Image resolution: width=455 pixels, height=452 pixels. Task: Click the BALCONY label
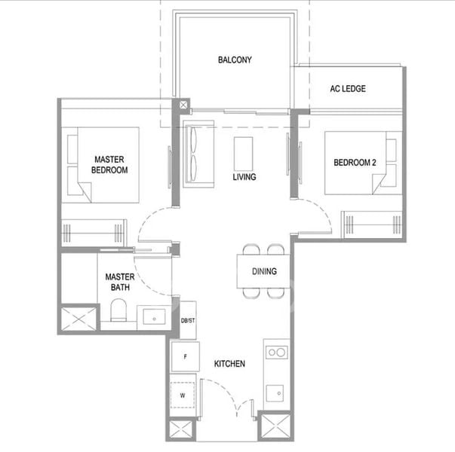pos(235,60)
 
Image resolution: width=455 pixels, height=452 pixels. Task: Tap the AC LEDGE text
pos(348,89)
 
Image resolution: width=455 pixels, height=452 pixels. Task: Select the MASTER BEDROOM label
pos(109,164)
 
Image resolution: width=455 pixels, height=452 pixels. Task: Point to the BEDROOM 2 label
pos(355,163)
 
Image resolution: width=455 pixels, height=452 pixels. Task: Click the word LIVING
pos(244,177)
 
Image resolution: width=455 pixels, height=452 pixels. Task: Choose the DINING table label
pos(264,271)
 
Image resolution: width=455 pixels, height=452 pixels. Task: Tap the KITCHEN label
pos(229,364)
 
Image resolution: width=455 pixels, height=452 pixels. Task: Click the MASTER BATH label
pos(120,282)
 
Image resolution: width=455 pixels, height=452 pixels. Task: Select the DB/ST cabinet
pos(188,320)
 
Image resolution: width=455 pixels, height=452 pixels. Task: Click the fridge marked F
pos(186,356)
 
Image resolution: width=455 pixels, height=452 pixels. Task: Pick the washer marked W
pos(183,395)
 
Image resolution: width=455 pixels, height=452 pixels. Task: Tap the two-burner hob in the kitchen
pos(277,353)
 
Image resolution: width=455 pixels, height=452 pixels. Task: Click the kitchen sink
pos(275,393)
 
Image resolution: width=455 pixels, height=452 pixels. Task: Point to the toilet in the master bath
pos(118,310)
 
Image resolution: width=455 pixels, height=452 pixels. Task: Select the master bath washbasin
pos(155,316)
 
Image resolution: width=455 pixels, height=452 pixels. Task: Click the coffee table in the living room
pos(243,154)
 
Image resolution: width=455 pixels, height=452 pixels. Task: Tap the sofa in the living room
pos(198,154)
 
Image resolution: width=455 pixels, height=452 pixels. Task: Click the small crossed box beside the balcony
pos(183,105)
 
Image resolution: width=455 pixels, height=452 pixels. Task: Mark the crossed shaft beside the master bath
pos(78,319)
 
